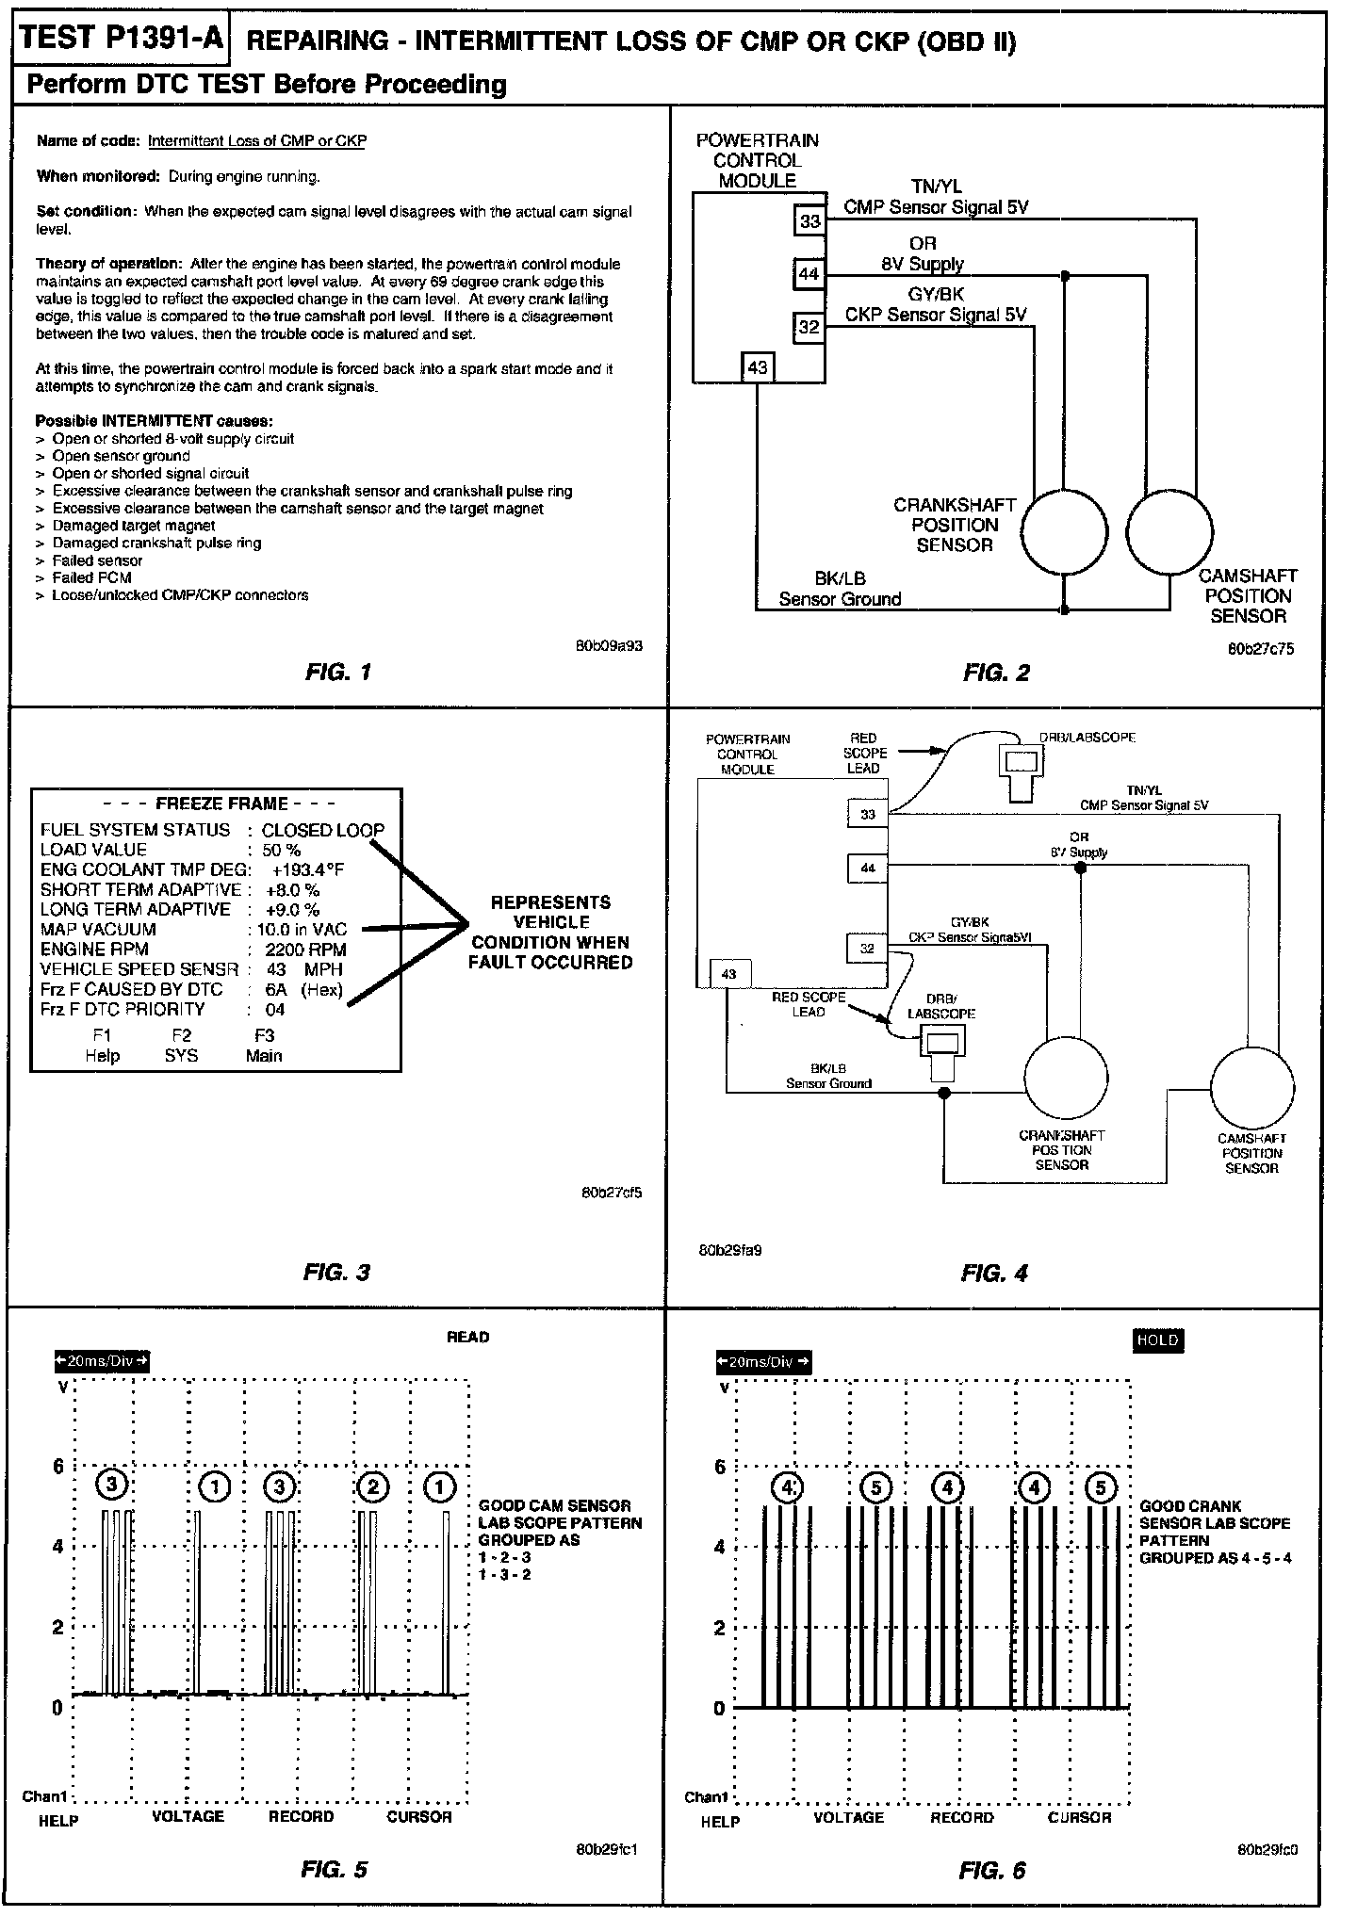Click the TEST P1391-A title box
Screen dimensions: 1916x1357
click(121, 39)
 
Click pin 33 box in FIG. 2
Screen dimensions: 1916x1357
click(809, 222)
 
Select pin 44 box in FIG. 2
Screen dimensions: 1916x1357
click(809, 275)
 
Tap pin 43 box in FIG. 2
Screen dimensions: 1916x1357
click(758, 367)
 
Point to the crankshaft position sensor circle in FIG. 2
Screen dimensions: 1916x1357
click(1065, 531)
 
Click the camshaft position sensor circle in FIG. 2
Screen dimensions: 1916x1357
click(1169, 531)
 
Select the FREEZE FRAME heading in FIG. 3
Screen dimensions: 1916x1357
click(221, 804)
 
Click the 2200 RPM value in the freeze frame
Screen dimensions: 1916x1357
click(305, 950)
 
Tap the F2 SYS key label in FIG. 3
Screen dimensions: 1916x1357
click(181, 1046)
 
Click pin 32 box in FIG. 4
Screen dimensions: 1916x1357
click(867, 949)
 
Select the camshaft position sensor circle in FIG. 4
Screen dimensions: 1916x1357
click(1251, 1088)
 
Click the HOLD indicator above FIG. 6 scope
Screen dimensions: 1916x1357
click(1157, 1340)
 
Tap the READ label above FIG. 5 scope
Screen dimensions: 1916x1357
click(467, 1337)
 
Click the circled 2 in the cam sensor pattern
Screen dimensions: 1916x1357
click(373, 1487)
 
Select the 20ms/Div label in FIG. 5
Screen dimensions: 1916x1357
click(102, 1361)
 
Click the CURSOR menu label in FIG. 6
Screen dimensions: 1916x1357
click(1080, 1817)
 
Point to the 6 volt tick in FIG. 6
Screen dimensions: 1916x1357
click(721, 1467)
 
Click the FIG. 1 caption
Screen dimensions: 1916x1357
click(338, 673)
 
